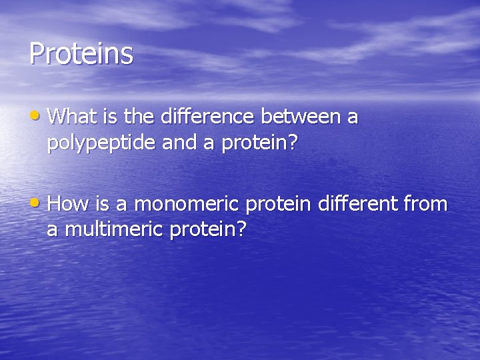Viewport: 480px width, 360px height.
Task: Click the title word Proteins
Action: click(81, 53)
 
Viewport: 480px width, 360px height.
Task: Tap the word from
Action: click(425, 204)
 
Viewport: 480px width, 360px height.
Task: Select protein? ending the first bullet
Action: click(257, 143)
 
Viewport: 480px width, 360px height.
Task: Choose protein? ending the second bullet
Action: click(209, 230)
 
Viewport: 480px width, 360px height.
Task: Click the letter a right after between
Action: click(353, 119)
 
